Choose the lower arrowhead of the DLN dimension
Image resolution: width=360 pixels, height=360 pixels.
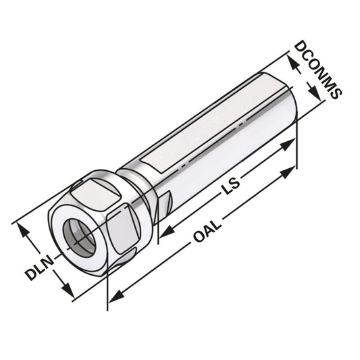pos(69,292)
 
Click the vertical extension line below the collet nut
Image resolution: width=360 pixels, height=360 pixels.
pos(108,290)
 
